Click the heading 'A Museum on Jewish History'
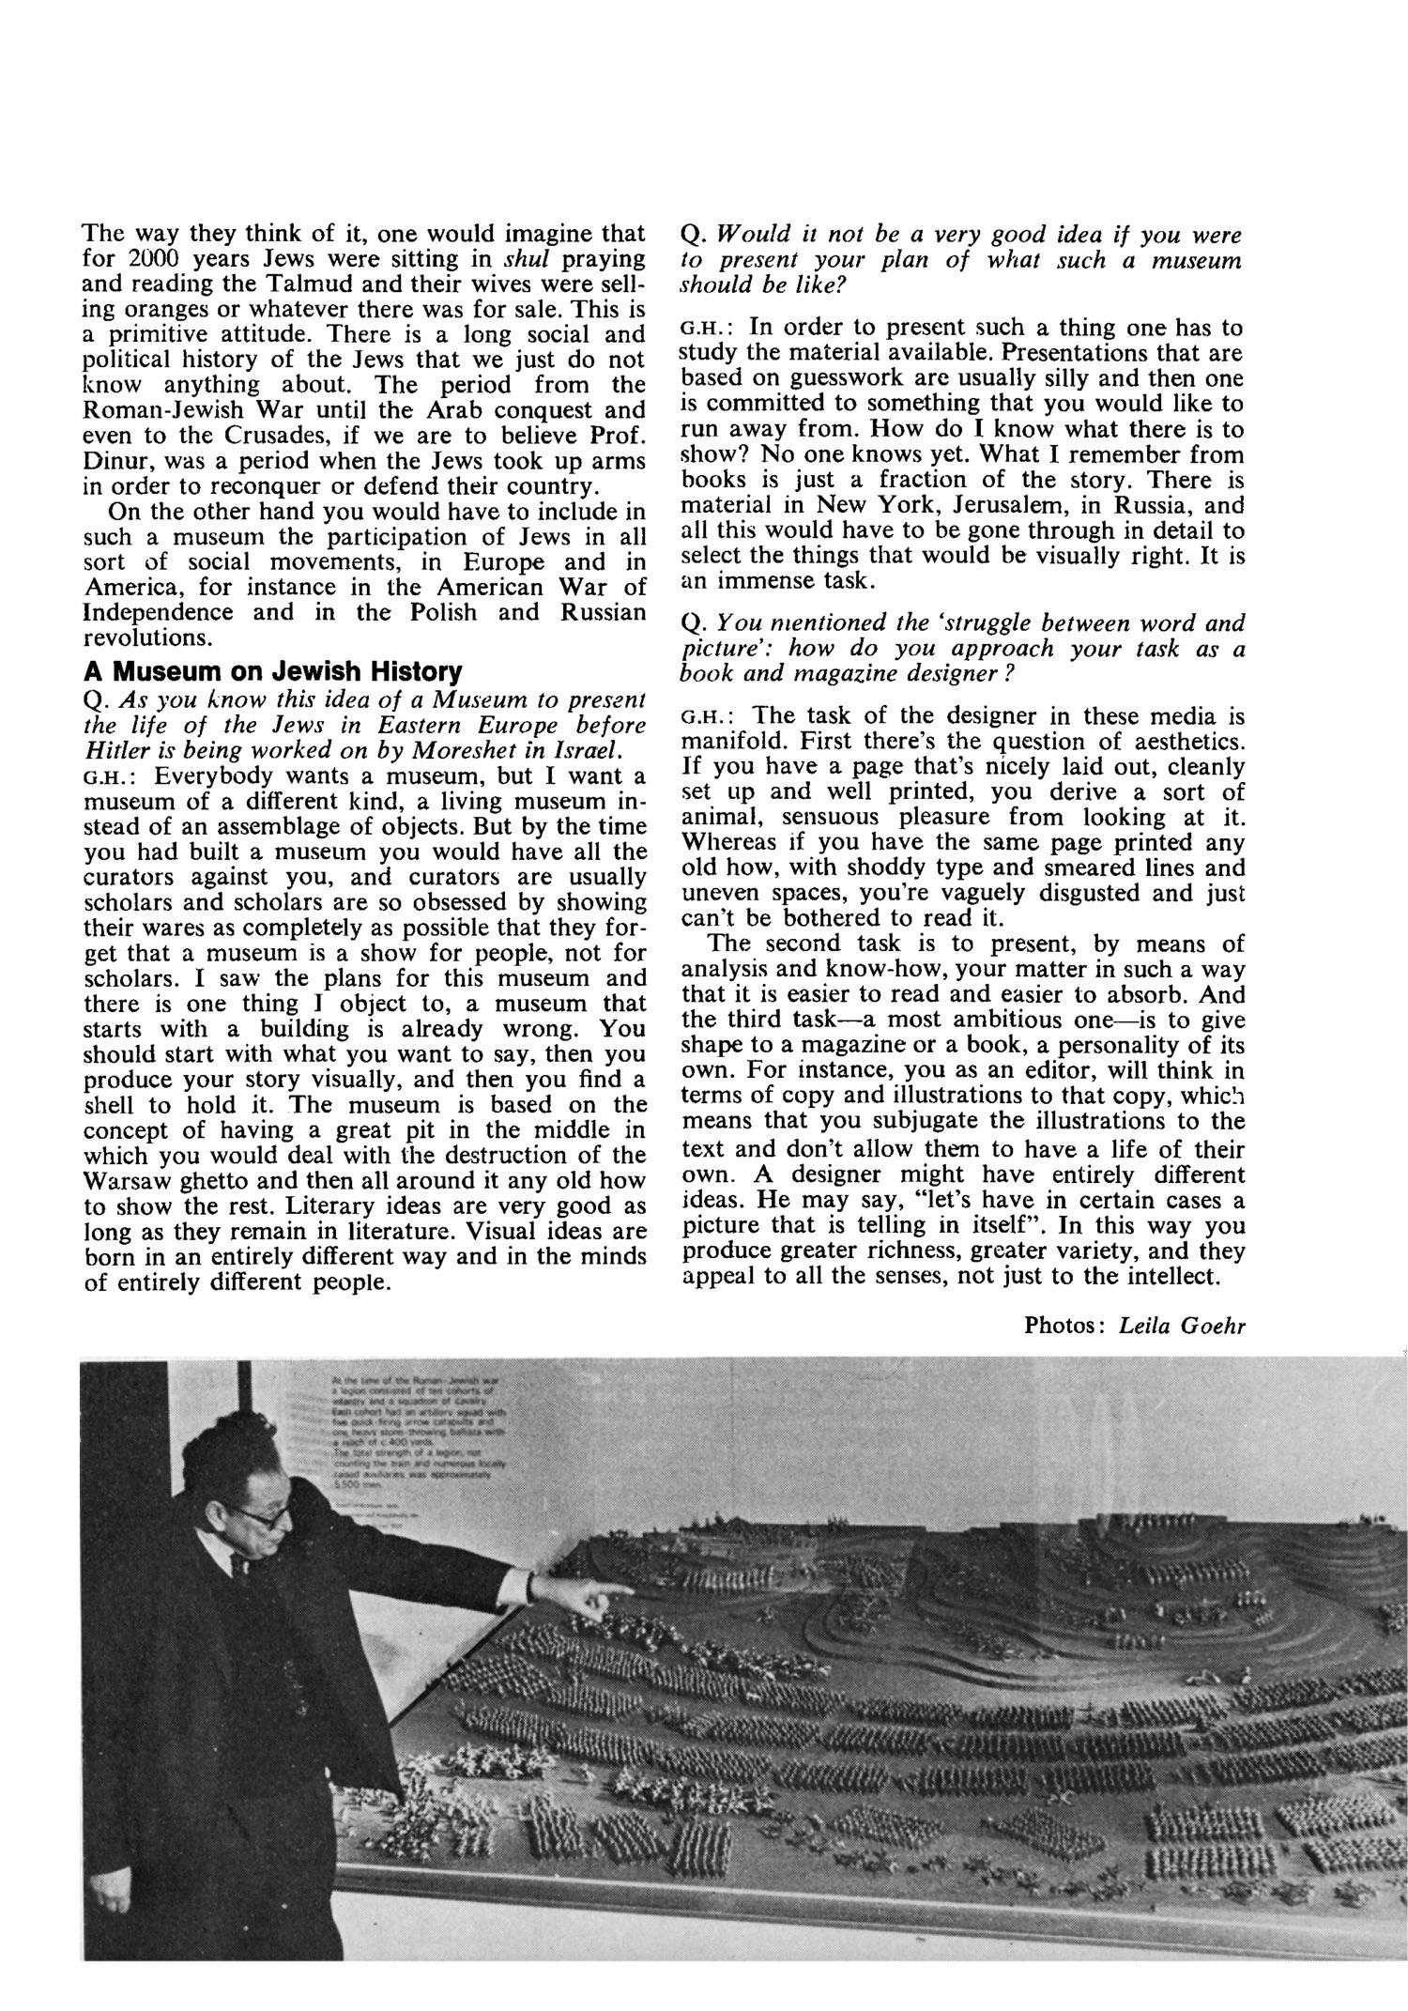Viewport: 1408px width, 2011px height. (273, 672)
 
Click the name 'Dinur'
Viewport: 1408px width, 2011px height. (115, 462)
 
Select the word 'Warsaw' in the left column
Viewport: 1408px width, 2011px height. (129, 1181)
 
